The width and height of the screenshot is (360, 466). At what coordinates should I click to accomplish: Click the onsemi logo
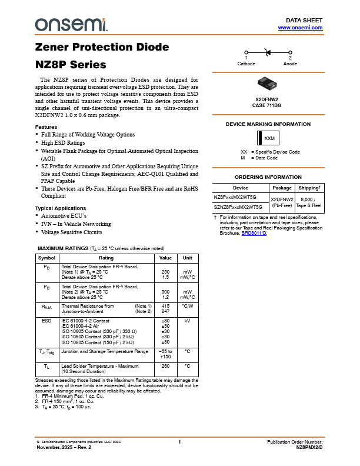pyautogui.click(x=71, y=24)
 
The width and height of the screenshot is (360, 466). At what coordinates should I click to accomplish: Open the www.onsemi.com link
pyautogui.click(x=300, y=28)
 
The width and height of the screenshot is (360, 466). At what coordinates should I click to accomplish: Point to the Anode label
pyautogui.click(x=290, y=63)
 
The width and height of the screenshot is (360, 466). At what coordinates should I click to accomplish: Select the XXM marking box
pyautogui.click(x=269, y=138)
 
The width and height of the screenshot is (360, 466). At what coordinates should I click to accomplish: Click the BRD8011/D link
pyautogui.click(x=254, y=233)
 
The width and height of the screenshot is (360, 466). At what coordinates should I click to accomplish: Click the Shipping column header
pyautogui.click(x=309, y=188)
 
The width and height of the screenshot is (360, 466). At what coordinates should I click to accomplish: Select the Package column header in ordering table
pyautogui.click(x=282, y=188)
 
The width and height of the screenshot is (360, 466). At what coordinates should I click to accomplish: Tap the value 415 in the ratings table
pyautogui.click(x=165, y=306)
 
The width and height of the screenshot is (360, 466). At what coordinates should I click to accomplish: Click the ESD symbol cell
pyautogui.click(x=46, y=321)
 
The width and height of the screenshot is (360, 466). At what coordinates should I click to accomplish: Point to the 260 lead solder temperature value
pyautogui.click(x=165, y=366)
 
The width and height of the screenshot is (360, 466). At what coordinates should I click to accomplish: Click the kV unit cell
pyautogui.click(x=187, y=321)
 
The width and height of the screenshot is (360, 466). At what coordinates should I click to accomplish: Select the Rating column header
pyautogui.click(x=106, y=258)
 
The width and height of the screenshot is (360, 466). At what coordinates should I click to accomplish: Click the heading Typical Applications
pyautogui.click(x=61, y=208)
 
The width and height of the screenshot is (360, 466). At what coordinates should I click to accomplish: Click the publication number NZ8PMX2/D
pyautogui.click(x=309, y=447)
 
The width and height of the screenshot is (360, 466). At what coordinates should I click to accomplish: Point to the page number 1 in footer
pyautogui.click(x=179, y=441)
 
